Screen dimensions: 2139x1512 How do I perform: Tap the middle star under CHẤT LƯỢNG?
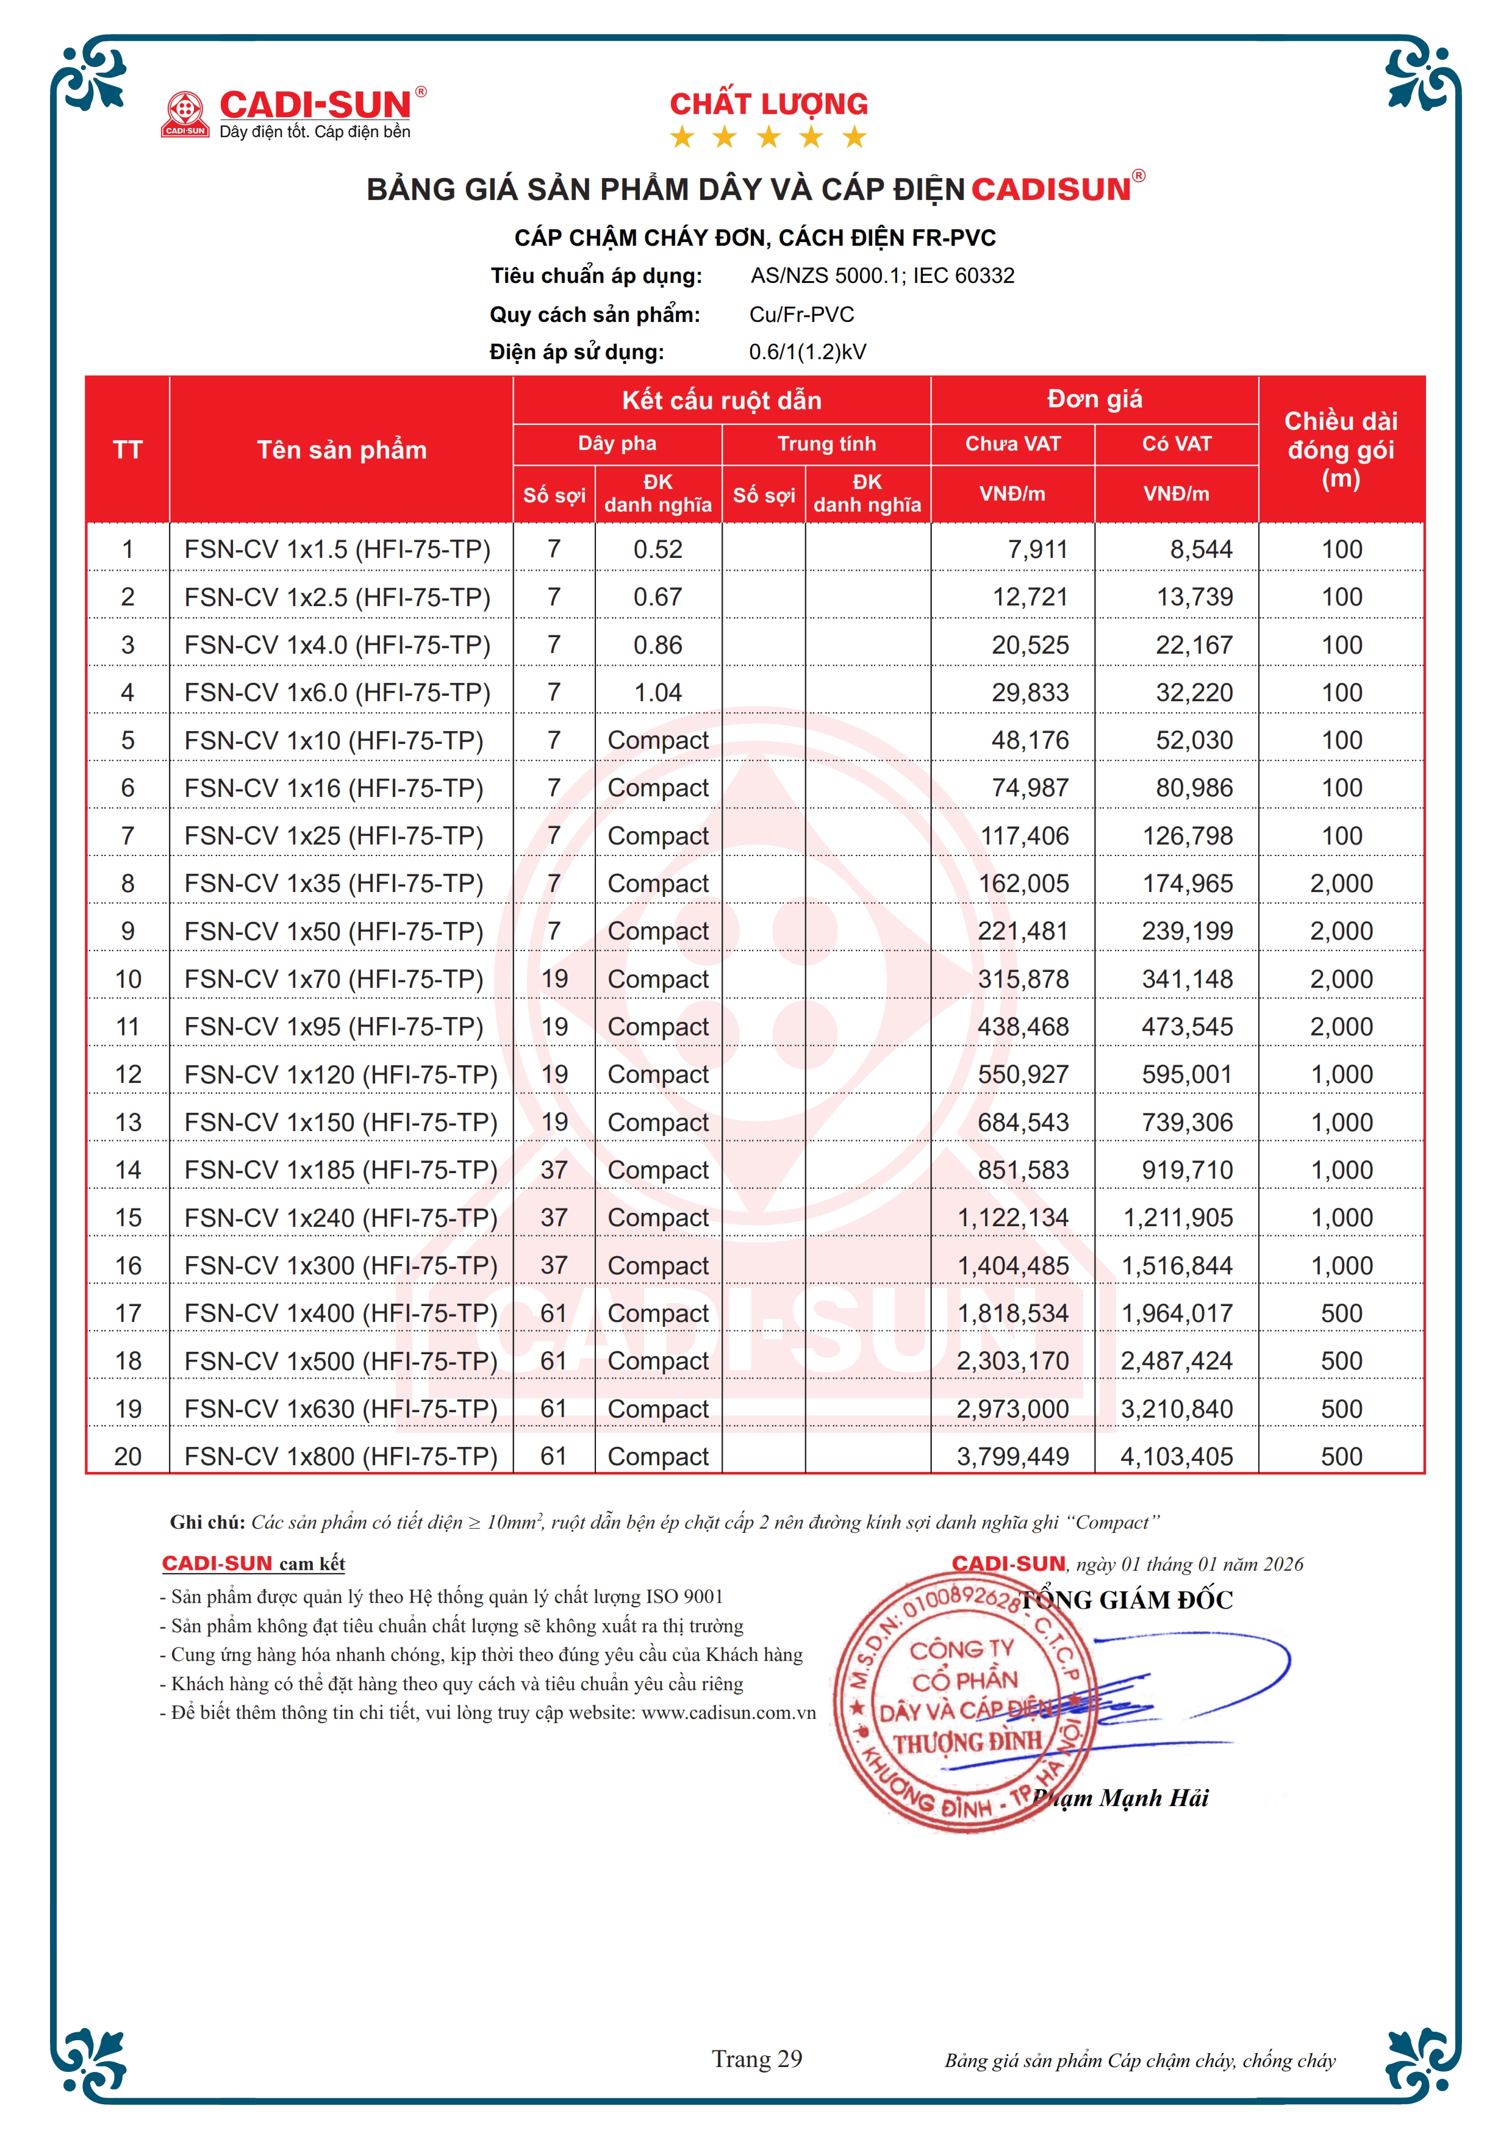click(x=769, y=138)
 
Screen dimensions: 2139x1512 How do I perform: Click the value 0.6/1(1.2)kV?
click(x=807, y=352)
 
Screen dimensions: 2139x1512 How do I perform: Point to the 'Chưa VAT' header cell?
click(x=1012, y=443)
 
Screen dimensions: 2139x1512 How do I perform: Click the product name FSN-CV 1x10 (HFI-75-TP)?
click(x=334, y=741)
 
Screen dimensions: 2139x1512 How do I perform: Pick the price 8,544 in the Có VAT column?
click(x=1201, y=549)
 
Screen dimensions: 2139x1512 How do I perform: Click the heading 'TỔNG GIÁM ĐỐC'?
click(x=1127, y=1601)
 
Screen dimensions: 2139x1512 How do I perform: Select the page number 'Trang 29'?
click(x=756, y=2059)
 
